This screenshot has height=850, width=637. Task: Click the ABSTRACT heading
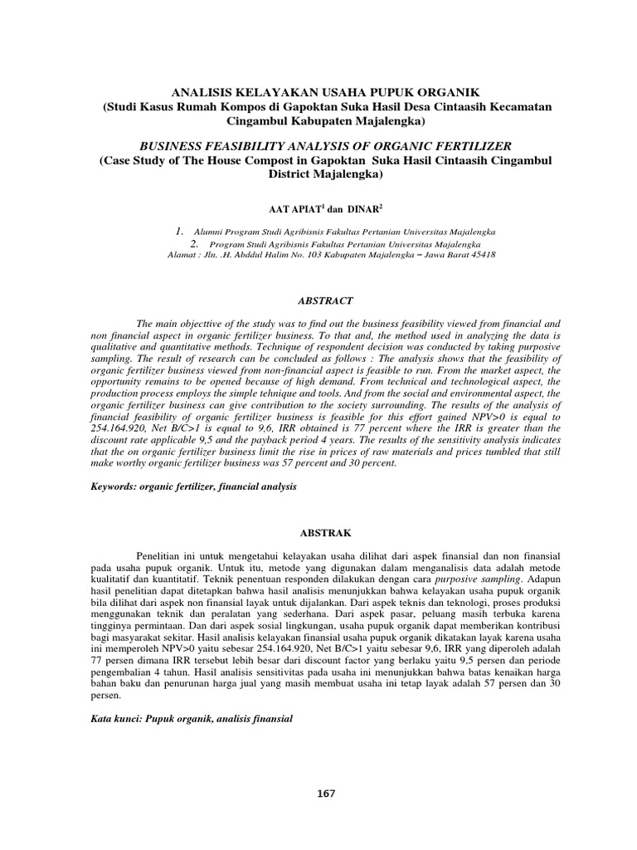click(x=318, y=300)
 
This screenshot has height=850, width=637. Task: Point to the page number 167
click(x=326, y=794)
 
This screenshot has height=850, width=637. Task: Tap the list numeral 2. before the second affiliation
click(x=195, y=244)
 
